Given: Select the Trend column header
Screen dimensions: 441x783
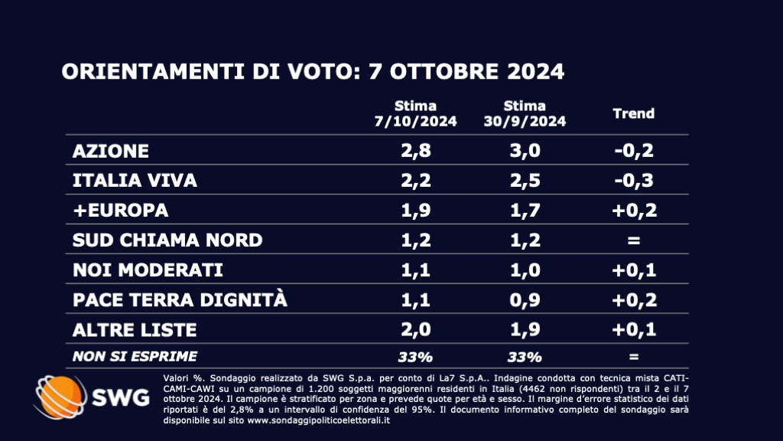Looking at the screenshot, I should tap(634, 113).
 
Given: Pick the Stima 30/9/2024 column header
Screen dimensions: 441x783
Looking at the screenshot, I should tap(525, 113).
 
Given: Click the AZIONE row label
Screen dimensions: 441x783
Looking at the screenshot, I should tap(110, 151).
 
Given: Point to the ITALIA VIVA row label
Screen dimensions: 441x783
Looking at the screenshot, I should tap(135, 181).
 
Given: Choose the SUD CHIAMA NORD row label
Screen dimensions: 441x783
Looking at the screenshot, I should tap(167, 240).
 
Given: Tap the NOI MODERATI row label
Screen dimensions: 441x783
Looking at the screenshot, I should tap(147, 270).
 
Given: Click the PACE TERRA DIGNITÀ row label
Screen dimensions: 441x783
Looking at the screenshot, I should tap(180, 300).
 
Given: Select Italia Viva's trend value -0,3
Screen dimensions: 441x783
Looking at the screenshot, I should tap(635, 181).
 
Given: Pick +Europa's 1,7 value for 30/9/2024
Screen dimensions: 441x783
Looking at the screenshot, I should tap(525, 211).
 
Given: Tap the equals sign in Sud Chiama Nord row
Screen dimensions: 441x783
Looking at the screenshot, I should tap(635, 240).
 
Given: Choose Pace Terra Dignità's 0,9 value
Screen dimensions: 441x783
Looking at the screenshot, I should tap(525, 300).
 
